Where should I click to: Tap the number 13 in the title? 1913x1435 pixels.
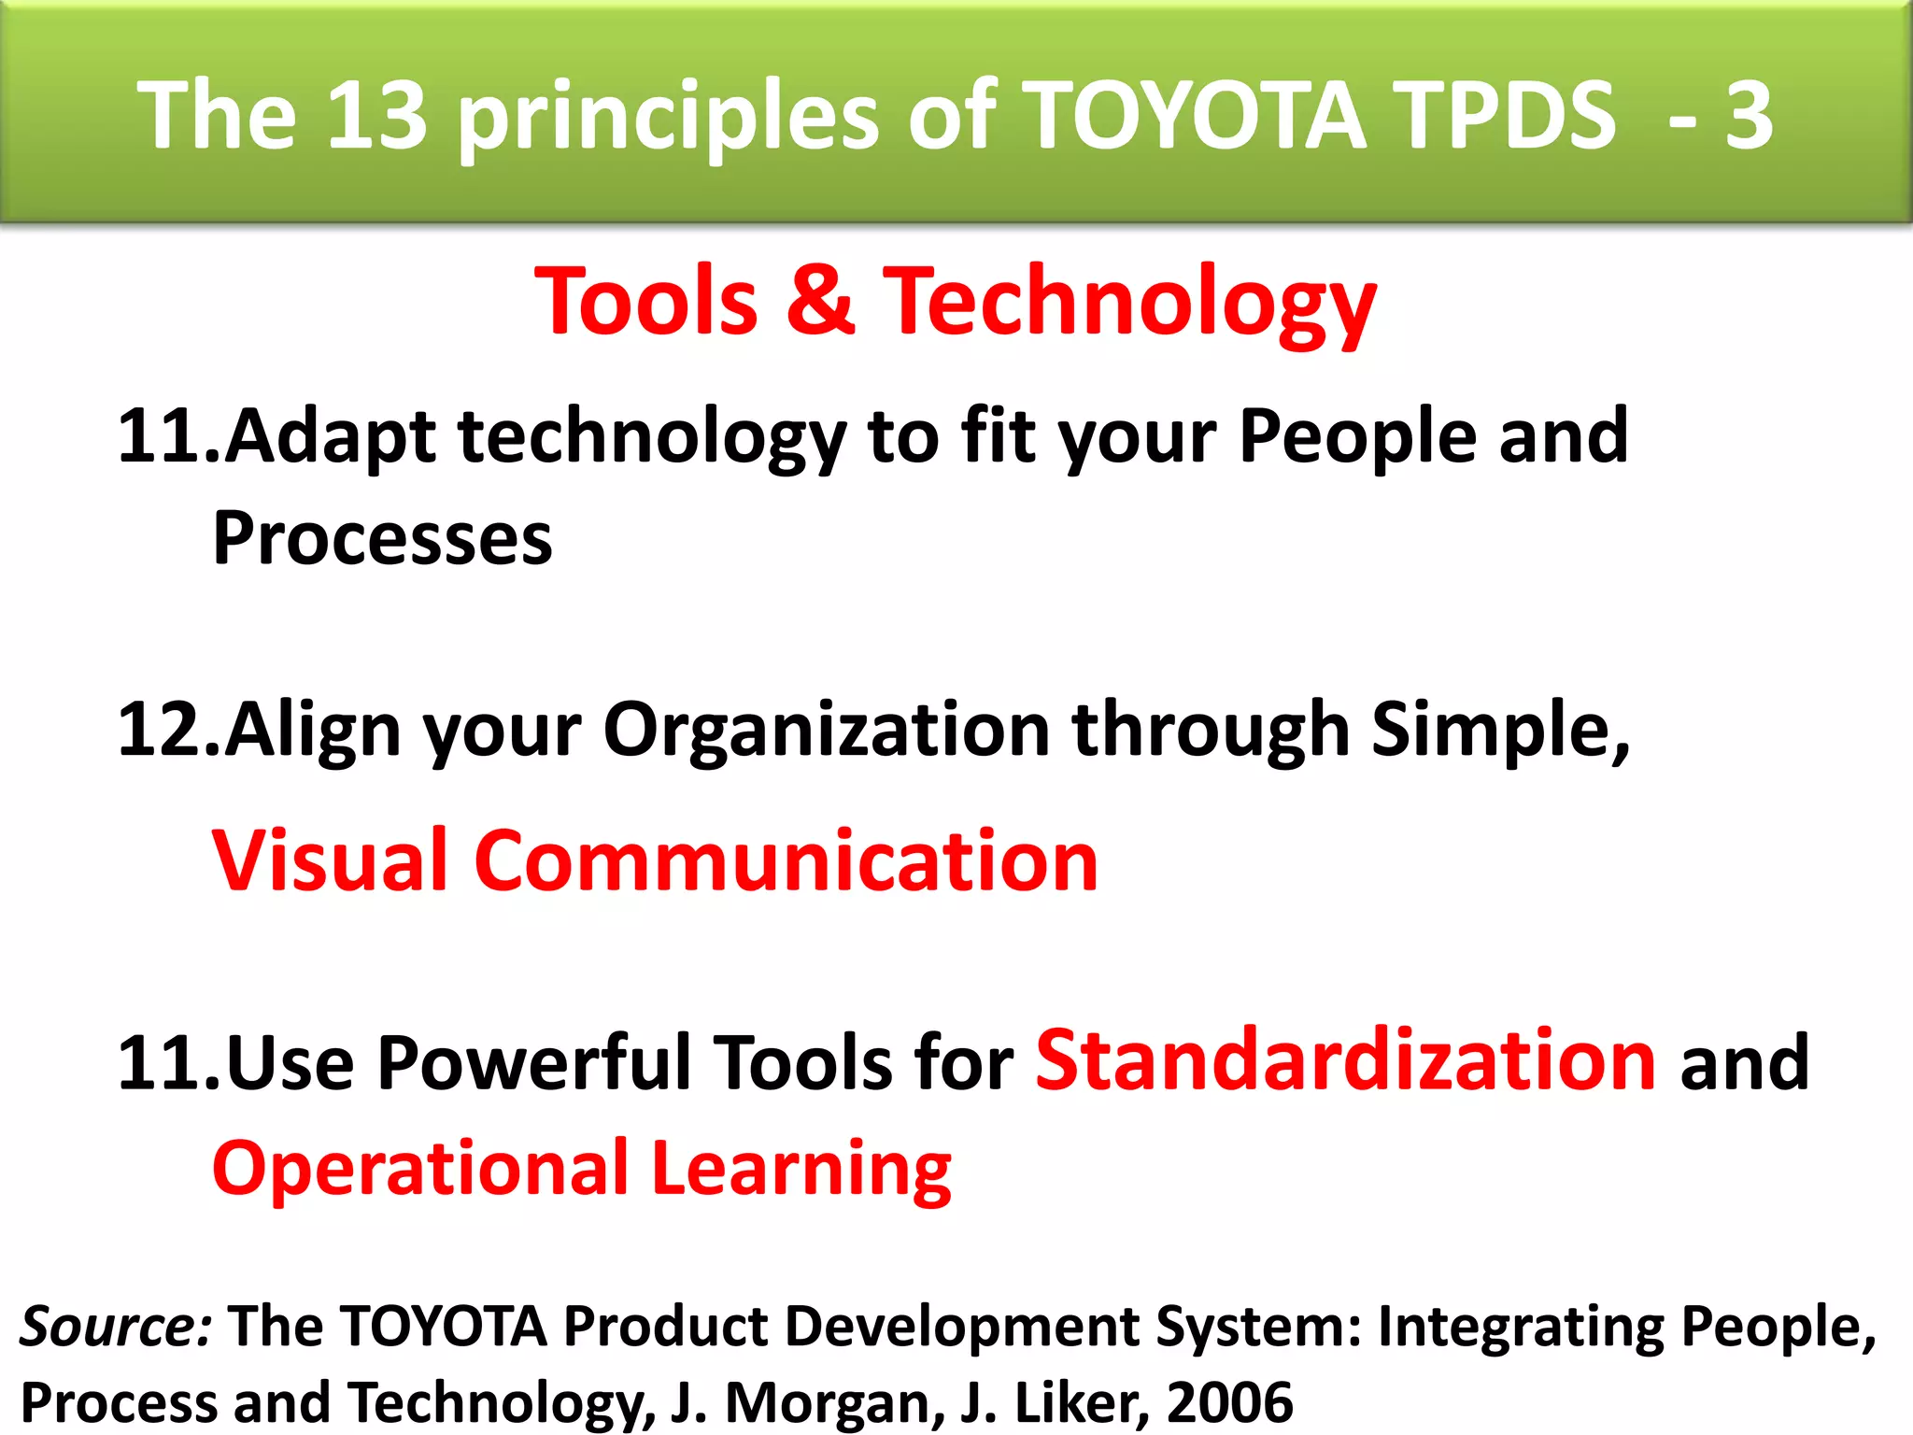(376, 116)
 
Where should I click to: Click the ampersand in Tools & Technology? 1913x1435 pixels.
(820, 301)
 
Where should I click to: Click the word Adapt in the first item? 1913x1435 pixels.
(330, 437)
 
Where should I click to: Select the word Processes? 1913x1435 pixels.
(383, 539)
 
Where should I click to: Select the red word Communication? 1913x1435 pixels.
(786, 860)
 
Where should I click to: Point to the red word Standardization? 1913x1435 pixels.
(1346, 1061)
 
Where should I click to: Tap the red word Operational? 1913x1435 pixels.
(420, 1169)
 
